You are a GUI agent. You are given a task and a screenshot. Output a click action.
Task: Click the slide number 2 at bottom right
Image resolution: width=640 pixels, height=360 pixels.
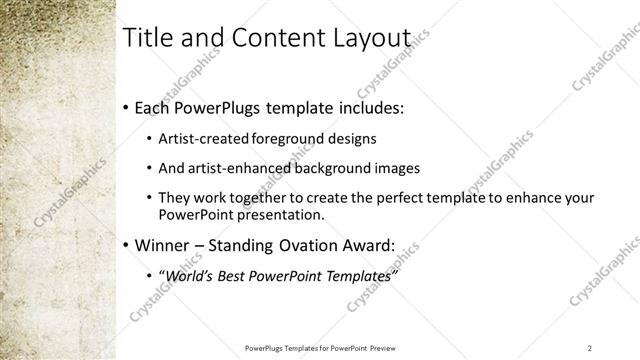pos(590,348)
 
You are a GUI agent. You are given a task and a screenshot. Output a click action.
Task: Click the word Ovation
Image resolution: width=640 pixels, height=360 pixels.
pos(309,244)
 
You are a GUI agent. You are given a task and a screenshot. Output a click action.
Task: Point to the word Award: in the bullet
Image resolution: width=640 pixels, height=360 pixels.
pos(369,244)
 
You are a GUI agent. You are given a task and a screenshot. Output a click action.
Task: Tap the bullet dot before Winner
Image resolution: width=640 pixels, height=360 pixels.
pos(124,245)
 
